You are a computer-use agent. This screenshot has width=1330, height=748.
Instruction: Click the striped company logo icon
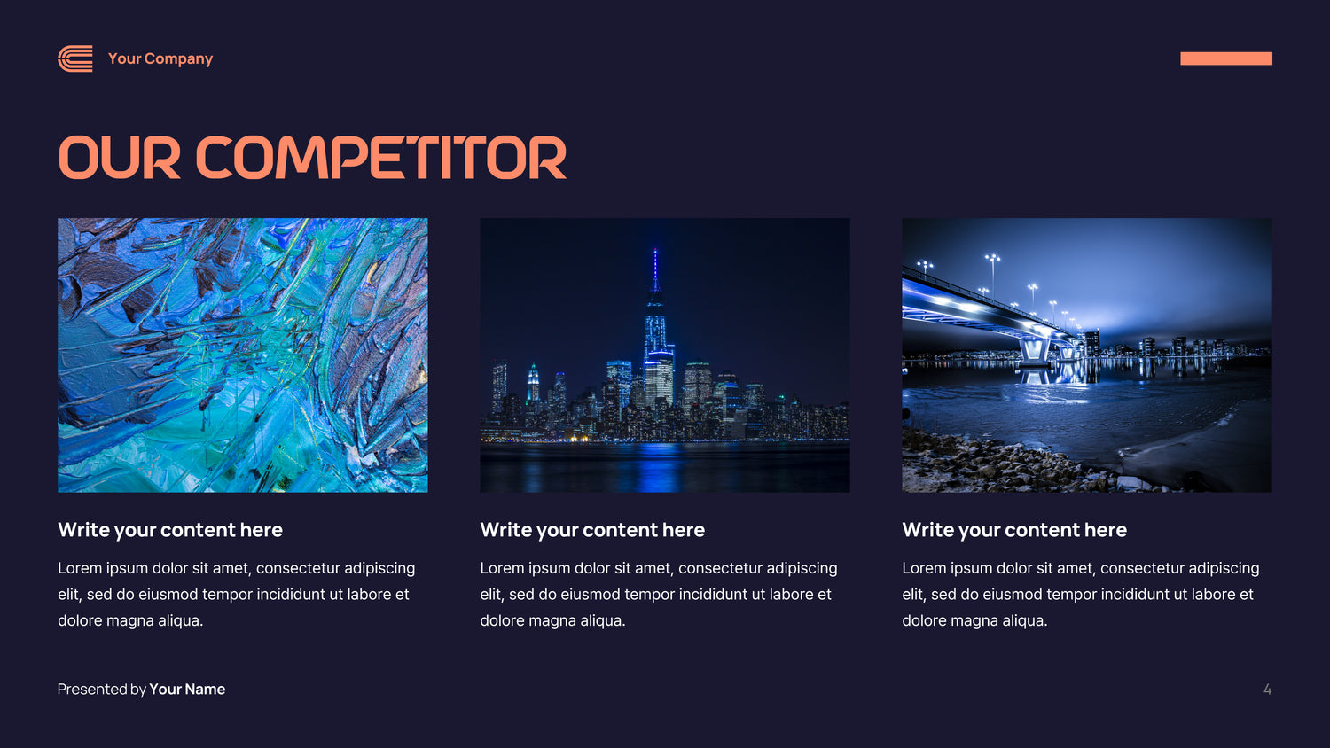point(75,58)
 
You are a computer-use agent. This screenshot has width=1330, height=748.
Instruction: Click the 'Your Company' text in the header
point(160,58)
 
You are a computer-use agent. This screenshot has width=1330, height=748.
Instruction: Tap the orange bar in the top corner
point(1226,58)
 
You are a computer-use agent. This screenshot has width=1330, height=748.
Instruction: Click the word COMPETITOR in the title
point(380,158)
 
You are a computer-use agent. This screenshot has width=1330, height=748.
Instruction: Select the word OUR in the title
point(119,158)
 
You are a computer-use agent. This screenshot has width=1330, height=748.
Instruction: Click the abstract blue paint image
point(243,355)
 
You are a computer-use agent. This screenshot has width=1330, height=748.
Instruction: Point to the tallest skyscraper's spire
point(655,267)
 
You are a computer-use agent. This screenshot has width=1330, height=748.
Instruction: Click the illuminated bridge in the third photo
point(986,314)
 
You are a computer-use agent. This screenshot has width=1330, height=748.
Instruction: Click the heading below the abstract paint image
point(170,529)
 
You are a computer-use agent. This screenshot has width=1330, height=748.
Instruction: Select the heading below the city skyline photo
point(592,529)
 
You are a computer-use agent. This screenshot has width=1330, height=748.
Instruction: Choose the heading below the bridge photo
point(1014,529)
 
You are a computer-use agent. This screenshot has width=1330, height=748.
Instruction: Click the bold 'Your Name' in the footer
point(187,690)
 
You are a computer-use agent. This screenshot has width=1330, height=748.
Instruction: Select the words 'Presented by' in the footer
point(102,690)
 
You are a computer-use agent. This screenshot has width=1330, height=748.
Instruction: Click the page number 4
point(1267,690)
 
